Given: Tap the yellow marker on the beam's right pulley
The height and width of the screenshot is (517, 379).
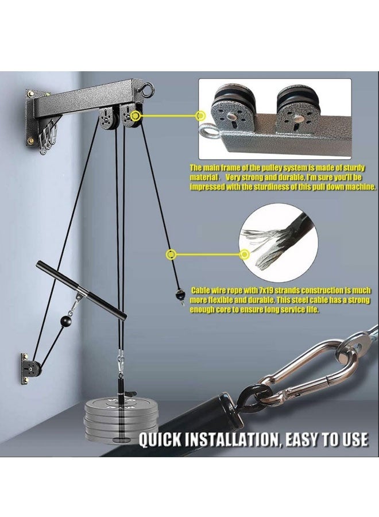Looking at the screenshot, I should pos(136,116).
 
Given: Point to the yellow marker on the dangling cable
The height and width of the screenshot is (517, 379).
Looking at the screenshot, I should pos(171,253).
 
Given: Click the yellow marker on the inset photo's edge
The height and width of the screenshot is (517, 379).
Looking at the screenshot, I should pos(200,116).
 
